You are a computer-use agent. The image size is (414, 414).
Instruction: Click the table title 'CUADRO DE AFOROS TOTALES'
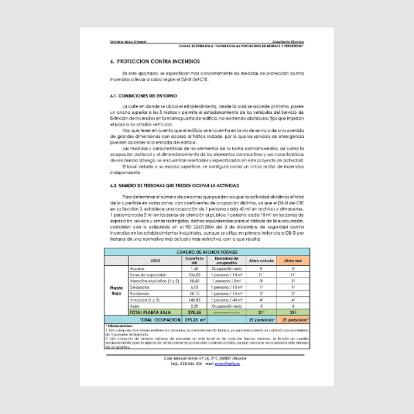tap(206, 252)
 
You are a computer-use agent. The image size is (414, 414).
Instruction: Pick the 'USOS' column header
tap(156, 260)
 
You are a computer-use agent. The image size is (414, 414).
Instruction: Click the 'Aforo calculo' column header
tap(261, 260)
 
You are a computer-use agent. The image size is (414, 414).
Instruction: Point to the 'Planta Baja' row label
tap(116, 290)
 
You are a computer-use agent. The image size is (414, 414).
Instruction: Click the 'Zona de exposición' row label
tap(148, 274)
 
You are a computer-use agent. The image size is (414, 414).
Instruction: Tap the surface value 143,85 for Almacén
tap(194, 299)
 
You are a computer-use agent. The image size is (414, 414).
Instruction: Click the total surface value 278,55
tap(194, 312)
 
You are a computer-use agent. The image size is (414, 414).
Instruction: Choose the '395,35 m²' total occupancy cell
tap(195, 320)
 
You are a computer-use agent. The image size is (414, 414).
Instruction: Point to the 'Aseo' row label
tap(135, 305)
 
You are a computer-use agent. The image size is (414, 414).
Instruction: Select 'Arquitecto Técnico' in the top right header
tap(288, 41)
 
